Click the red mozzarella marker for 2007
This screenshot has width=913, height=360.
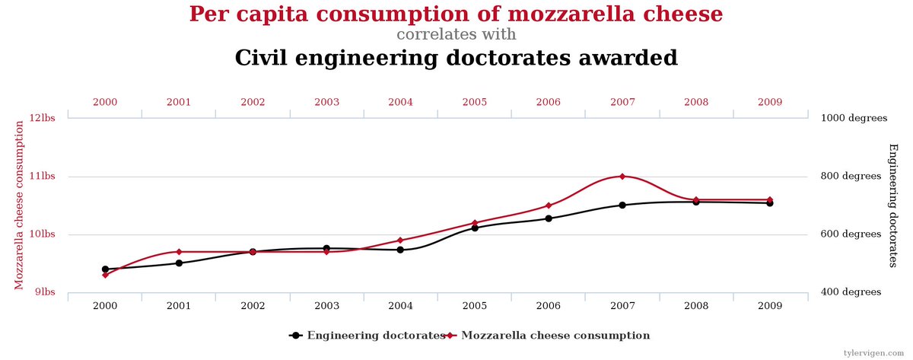click(x=622, y=177)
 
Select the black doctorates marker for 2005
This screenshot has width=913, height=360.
click(x=475, y=228)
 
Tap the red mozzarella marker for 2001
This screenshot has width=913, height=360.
click(x=179, y=252)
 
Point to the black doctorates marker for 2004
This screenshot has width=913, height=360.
click(x=400, y=250)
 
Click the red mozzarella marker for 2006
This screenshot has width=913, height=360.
click(x=549, y=205)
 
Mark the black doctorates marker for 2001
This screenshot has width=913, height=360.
click(x=179, y=263)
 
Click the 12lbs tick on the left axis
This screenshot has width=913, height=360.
click(x=43, y=119)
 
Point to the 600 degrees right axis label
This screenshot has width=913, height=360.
click(x=851, y=234)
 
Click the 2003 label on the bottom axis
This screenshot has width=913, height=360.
click(x=326, y=306)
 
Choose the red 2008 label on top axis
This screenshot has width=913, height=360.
click(x=696, y=102)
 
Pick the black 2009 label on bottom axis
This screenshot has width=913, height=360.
click(x=770, y=306)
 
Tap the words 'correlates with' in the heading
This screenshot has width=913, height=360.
click(x=456, y=35)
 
